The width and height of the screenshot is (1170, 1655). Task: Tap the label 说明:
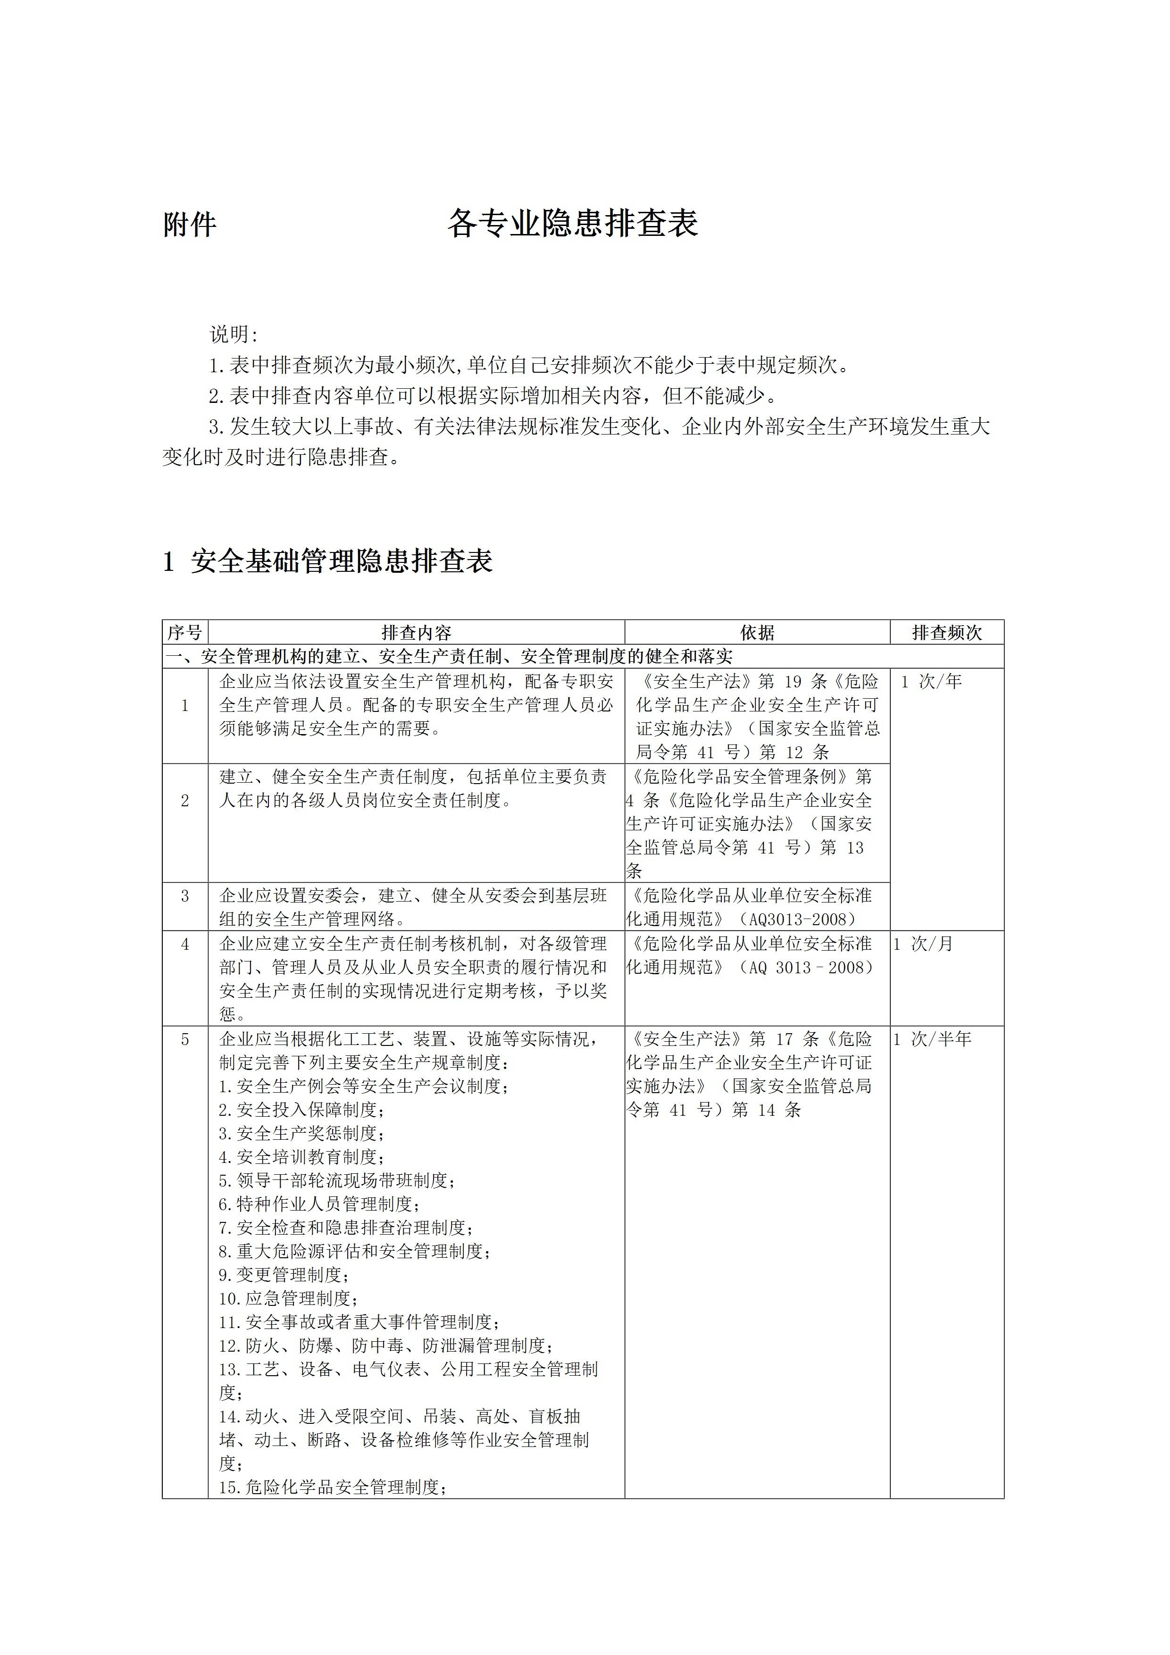click(x=234, y=334)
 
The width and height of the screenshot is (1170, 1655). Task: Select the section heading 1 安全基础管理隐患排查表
click(x=328, y=561)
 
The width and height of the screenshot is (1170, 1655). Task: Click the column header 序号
click(x=184, y=633)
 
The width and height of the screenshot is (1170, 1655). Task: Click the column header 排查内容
click(x=416, y=633)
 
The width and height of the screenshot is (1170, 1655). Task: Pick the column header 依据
click(x=757, y=633)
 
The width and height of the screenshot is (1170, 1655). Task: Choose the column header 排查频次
click(x=946, y=633)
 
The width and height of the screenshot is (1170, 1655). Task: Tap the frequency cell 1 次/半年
click(x=932, y=1039)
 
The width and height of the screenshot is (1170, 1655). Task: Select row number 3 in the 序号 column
click(x=184, y=896)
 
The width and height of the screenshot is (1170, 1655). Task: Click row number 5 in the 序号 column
click(x=184, y=1039)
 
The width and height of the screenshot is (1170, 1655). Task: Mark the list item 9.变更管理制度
click(x=284, y=1275)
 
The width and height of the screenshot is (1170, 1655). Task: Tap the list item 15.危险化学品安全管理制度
click(x=333, y=1487)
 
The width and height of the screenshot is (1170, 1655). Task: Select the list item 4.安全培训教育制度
click(x=301, y=1157)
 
